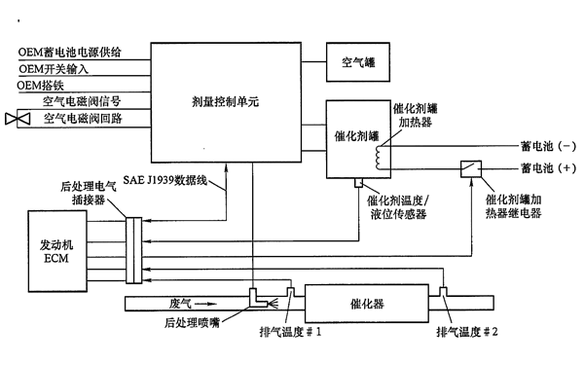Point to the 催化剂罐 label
pyautogui.click(x=353, y=136)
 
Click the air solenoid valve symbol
pyautogui.click(x=18, y=119)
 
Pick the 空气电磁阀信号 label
pyautogui.click(x=83, y=101)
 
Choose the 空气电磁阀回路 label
pyautogui.click(x=83, y=119)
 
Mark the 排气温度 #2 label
pyautogui.click(x=466, y=332)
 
